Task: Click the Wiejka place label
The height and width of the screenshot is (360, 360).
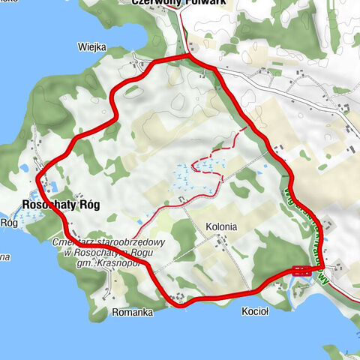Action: coord(91,46)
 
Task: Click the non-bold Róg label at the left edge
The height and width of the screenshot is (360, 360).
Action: coord(9,223)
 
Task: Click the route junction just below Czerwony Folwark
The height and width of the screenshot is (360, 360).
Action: coord(187,56)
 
